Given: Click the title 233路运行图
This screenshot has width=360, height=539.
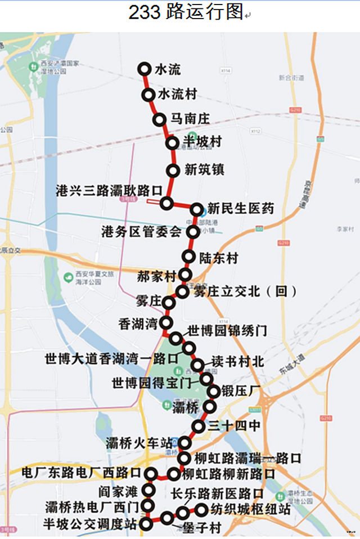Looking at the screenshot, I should (186, 12).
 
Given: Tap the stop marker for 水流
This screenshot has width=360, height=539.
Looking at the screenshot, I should (144, 69).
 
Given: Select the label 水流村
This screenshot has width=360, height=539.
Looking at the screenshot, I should (177, 95).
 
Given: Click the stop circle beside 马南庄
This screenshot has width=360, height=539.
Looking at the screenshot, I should (160, 119).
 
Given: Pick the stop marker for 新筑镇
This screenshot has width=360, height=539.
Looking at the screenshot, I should (173, 170).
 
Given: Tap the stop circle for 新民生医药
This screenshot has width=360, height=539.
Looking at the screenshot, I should (197, 210).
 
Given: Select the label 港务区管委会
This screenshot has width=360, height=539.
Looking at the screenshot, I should (141, 231).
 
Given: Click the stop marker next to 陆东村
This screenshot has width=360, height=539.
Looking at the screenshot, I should (189, 257).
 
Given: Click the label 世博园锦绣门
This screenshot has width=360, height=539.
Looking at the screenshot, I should (227, 330).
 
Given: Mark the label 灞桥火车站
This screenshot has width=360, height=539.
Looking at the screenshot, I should (139, 443).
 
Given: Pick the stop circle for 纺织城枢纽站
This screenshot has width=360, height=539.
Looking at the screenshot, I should (201, 510).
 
